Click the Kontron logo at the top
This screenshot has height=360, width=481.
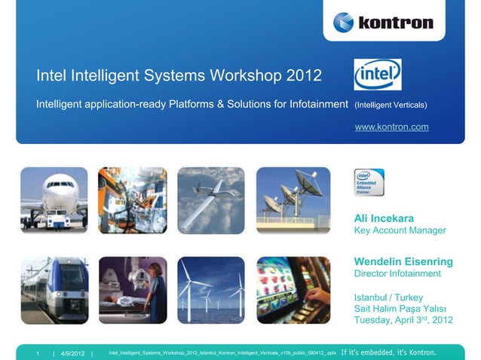point(383,22)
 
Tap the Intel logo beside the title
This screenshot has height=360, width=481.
point(378,75)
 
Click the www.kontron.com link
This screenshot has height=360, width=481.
point(391,127)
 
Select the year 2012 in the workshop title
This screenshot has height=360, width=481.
point(304,76)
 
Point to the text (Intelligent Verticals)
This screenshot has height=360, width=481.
point(391,104)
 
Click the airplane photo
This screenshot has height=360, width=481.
point(54,200)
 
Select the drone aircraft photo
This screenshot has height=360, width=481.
point(211,200)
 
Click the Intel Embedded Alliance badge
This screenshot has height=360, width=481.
point(369,182)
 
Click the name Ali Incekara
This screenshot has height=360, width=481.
point(389,218)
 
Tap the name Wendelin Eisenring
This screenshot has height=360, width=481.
point(403,261)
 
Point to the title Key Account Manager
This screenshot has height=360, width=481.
point(400,230)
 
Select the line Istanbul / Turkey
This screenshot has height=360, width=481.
point(388,297)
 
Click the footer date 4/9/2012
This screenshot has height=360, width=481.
point(73,352)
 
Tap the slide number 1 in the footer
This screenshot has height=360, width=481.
point(37,352)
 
